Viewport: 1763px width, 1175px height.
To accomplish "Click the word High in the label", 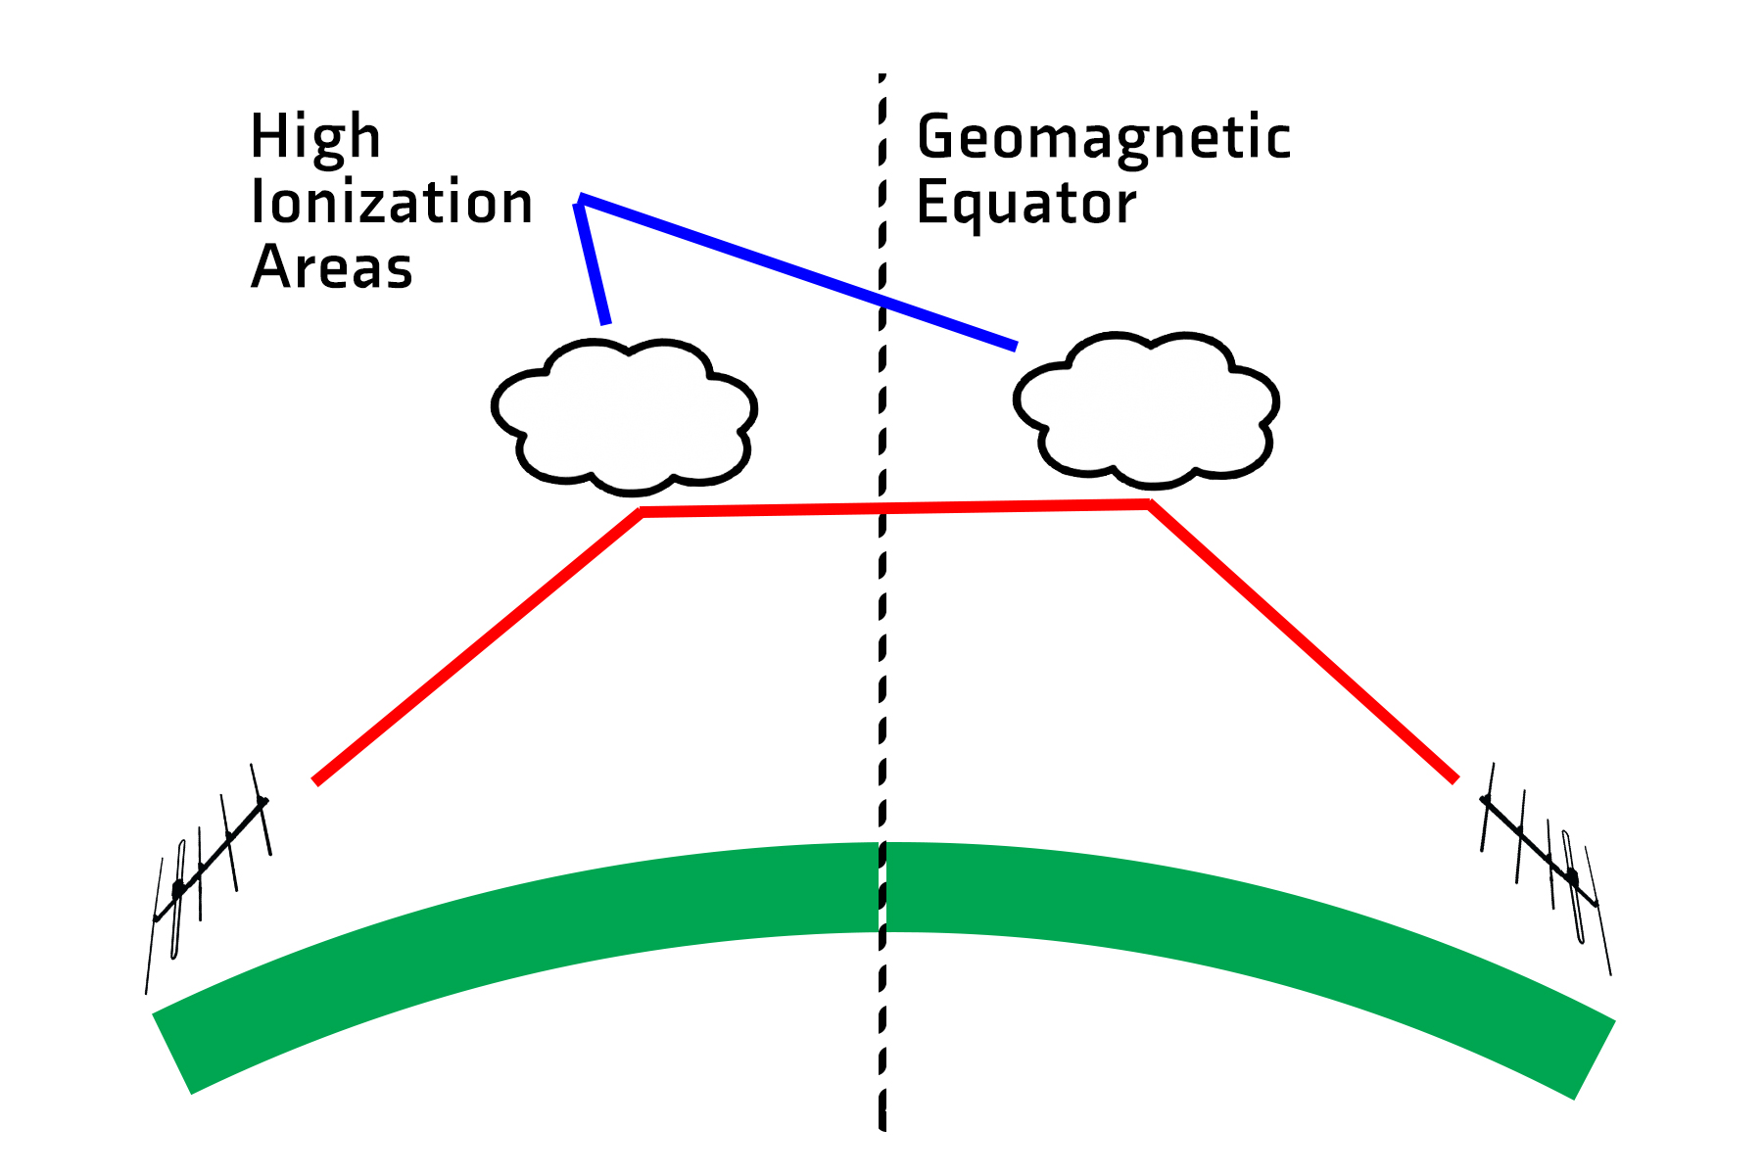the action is point(315,136).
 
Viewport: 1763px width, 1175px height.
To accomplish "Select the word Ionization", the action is point(392,202).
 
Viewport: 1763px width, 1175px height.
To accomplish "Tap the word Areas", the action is point(332,266).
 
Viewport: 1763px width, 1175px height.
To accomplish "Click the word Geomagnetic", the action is point(1104,137).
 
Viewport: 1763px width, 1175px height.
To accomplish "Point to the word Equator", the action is point(1026,204).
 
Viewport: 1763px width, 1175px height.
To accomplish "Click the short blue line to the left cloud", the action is point(593,260).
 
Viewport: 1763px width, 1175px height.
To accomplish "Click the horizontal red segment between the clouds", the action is point(894,507).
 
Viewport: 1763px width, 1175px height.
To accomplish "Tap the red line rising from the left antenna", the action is point(477,646).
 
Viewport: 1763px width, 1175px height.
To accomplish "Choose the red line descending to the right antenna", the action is point(1303,642).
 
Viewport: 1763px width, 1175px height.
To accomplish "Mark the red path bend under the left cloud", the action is point(642,512).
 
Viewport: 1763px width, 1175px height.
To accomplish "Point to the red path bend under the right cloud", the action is point(1149,503).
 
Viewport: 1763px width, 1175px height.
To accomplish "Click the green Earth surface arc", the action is point(882,886).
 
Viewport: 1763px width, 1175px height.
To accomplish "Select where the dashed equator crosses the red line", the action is point(882,508).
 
